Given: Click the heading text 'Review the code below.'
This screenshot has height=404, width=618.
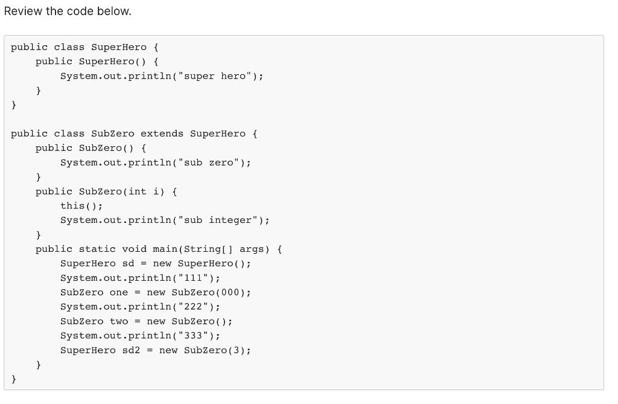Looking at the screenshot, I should point(68,11).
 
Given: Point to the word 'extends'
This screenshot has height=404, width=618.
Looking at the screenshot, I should point(162,133).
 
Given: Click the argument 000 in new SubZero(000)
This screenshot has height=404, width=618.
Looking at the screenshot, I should point(230,292).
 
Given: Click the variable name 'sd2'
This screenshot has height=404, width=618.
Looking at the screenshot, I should point(131,350).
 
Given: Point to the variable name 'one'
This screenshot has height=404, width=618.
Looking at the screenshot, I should point(119,292).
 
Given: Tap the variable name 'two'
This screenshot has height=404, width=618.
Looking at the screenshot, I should point(119,321).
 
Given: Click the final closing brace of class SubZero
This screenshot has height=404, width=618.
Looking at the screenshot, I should point(14,379).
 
